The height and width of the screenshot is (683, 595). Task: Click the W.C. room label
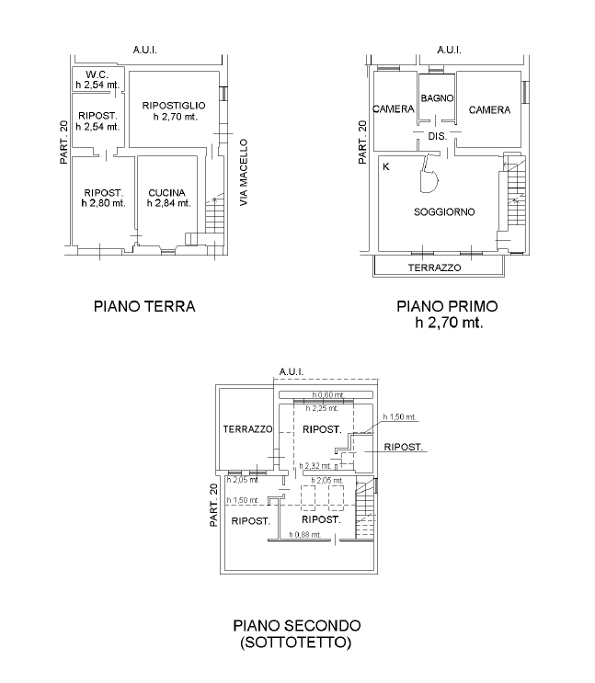[x=97, y=74]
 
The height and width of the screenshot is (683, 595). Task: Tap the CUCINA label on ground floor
[x=167, y=192]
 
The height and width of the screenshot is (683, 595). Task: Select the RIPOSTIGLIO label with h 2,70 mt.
[x=174, y=106]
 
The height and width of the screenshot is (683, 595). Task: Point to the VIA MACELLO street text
[x=244, y=173]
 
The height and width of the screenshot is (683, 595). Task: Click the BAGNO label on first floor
[x=437, y=98]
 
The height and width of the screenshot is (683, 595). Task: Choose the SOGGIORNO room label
[x=444, y=212]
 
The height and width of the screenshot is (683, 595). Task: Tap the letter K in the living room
[x=385, y=166]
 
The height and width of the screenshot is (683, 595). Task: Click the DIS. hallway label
[x=437, y=136]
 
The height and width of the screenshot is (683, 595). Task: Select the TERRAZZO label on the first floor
[x=434, y=268]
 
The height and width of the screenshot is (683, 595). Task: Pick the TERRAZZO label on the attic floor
[x=247, y=429]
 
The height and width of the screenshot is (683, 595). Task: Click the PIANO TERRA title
[x=144, y=306]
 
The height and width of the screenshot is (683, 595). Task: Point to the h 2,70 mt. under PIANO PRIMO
[x=449, y=323]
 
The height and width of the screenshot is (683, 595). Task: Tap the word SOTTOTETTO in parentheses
[x=295, y=643]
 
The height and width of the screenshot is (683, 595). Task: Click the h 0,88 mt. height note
[x=305, y=534]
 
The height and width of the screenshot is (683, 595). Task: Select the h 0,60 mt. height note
[x=328, y=395]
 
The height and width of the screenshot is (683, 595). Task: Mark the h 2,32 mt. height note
[x=315, y=466]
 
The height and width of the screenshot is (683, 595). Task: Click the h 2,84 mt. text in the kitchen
[x=168, y=203]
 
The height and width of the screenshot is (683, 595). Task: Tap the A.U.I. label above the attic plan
[x=292, y=371]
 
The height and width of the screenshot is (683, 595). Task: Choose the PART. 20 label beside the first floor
[x=362, y=142]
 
